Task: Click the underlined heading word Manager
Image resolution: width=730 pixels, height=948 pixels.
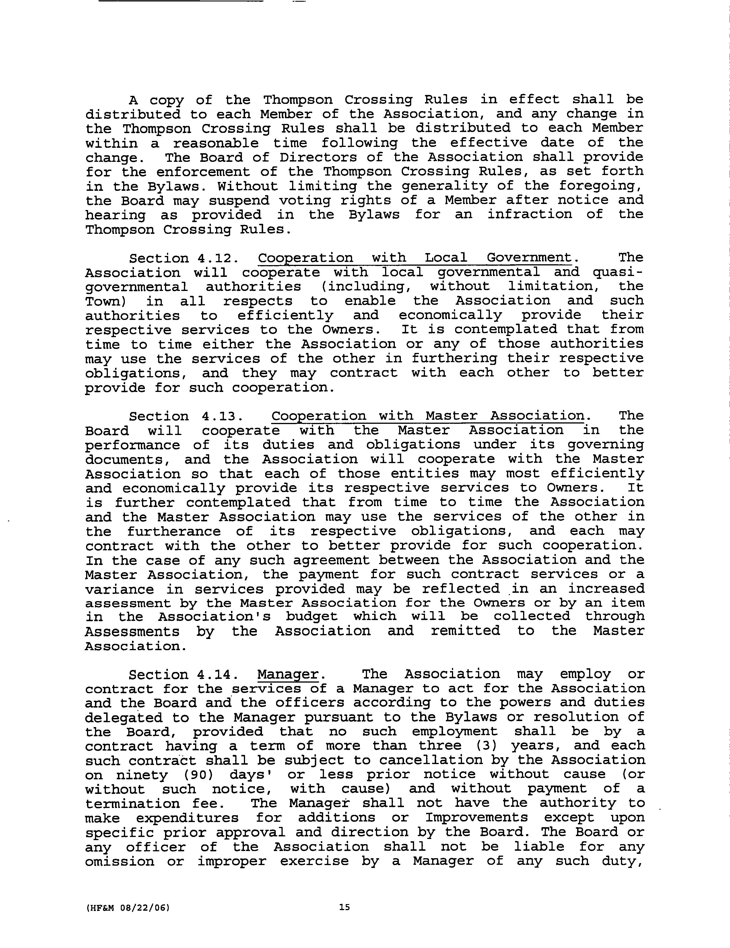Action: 288,675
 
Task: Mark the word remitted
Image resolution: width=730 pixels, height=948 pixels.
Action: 465,631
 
